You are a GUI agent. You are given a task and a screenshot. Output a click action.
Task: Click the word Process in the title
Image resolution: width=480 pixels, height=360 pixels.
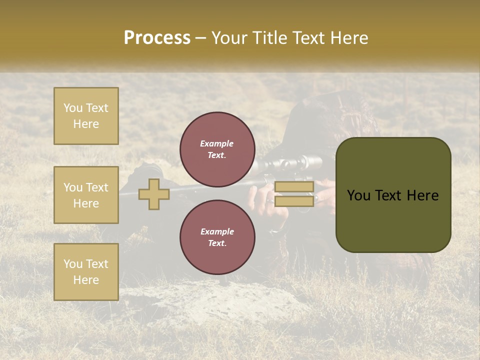[x=157, y=38]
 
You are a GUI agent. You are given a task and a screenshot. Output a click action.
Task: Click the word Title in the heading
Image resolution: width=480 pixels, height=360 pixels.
[x=269, y=38]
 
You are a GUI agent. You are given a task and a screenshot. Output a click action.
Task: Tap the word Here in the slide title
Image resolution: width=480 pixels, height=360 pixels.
[x=348, y=38]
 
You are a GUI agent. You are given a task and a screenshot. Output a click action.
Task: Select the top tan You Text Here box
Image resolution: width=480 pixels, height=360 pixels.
[x=86, y=116]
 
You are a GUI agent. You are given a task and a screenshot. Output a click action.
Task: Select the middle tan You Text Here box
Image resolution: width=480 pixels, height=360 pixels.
[x=86, y=195]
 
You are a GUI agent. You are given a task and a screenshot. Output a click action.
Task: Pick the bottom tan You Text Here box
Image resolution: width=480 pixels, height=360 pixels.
[x=86, y=272]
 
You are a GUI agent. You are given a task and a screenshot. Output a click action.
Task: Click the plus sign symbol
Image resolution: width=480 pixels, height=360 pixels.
[x=153, y=194]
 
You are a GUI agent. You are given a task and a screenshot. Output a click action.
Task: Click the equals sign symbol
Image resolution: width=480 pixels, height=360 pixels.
[x=294, y=194]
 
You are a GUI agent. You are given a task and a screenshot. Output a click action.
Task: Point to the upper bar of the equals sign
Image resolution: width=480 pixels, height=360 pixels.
[x=294, y=187]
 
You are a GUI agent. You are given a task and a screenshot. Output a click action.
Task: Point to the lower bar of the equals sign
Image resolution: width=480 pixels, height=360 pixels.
[x=294, y=201]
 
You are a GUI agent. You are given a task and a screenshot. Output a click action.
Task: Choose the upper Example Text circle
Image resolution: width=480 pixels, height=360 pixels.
[x=217, y=149]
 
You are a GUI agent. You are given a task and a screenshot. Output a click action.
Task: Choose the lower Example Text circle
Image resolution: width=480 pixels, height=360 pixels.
[x=217, y=237]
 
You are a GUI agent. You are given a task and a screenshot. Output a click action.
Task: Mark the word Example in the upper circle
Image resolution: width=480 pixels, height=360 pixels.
[x=216, y=144]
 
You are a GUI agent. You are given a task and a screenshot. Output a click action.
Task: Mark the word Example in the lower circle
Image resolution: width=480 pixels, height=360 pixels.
[x=217, y=231]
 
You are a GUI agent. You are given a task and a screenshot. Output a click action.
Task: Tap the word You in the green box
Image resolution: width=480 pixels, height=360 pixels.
[x=358, y=195]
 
